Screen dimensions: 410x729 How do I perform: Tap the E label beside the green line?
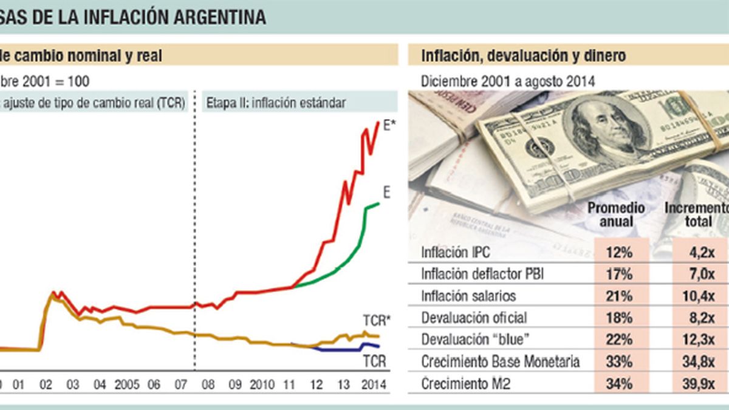[386, 193]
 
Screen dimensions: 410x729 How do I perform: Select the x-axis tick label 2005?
[126, 385]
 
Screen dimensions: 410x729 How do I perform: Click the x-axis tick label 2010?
[262, 385]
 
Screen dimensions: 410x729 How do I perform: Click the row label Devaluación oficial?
[474, 318]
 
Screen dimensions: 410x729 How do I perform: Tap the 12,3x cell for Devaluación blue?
[699, 340]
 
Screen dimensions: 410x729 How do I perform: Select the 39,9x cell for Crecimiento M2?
[699, 383]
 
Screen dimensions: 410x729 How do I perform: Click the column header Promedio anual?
[616, 214]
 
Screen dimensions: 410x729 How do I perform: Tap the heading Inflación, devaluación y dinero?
[523, 56]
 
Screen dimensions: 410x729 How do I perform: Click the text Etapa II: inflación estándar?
[276, 102]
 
